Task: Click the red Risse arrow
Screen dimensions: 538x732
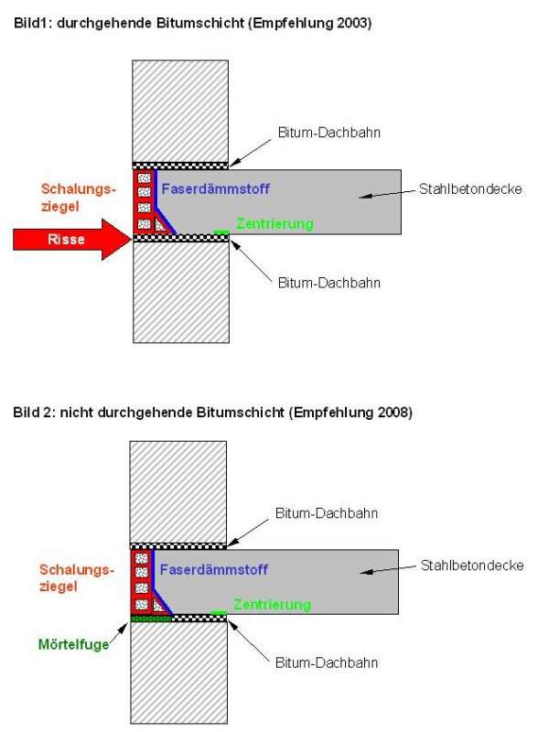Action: (x=71, y=239)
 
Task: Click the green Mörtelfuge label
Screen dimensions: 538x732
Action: (x=73, y=645)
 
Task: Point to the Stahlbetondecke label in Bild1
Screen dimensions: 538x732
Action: (x=470, y=189)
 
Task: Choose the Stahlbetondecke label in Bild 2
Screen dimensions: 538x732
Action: (x=472, y=565)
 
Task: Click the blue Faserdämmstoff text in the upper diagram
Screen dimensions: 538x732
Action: (x=215, y=188)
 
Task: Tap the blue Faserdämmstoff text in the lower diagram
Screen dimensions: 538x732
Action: (x=213, y=569)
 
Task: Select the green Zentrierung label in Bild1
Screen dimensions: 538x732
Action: (x=274, y=224)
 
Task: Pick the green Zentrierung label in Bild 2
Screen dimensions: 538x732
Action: (x=273, y=605)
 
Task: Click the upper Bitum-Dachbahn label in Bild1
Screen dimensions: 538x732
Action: (x=329, y=133)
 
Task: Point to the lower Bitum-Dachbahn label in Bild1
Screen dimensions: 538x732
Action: (x=329, y=283)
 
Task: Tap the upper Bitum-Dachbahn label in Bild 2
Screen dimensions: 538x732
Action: (x=327, y=513)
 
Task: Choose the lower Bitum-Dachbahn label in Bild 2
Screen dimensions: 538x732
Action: (x=327, y=662)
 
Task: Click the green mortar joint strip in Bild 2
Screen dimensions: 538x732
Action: (x=151, y=619)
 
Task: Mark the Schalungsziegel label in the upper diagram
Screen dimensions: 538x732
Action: (x=78, y=198)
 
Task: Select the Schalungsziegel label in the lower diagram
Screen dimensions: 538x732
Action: (x=77, y=578)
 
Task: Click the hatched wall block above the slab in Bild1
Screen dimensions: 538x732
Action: (x=180, y=111)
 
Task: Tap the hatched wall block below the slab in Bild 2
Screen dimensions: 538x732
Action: (x=178, y=673)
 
